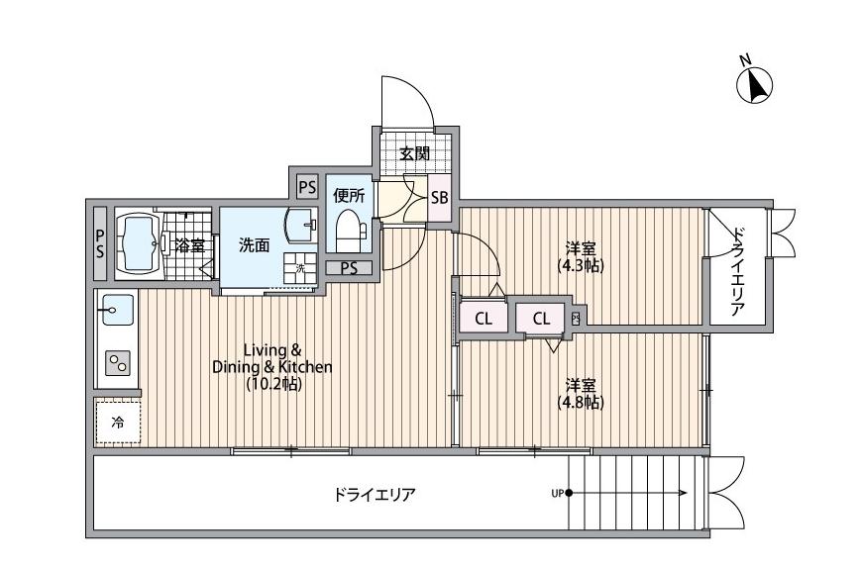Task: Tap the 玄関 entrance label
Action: tap(415, 153)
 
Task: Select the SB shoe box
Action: tap(440, 197)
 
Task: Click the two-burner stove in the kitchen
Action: tap(117, 363)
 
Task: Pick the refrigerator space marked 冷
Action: tap(118, 423)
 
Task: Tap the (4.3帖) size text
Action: tap(580, 265)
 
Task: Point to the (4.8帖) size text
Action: tap(580, 402)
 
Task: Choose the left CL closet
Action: tap(484, 319)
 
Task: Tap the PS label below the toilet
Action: tap(349, 267)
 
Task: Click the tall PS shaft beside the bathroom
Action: tap(100, 243)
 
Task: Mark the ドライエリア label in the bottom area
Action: tap(375, 495)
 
